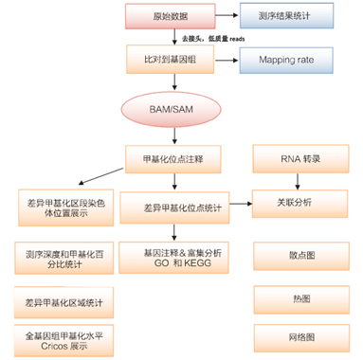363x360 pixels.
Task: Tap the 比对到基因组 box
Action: [172, 61]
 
